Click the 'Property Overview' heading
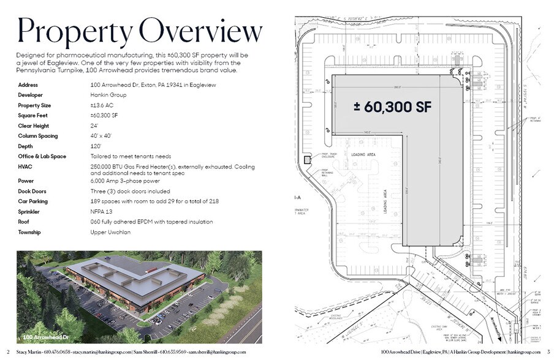[x=139, y=31]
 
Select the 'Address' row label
[x=29, y=85]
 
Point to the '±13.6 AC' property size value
[x=100, y=105]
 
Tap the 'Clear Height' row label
[x=34, y=126]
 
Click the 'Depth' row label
[x=26, y=146]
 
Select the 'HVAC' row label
[x=26, y=166]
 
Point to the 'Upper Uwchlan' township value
[x=107, y=231]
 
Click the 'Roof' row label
[x=25, y=222]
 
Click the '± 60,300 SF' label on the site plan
[x=393, y=106]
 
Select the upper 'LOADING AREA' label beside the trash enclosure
[x=362, y=156]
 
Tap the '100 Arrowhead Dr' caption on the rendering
[x=45, y=337]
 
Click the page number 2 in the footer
[x=7, y=353]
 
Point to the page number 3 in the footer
[x=548, y=353]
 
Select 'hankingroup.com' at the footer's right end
[x=525, y=353]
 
